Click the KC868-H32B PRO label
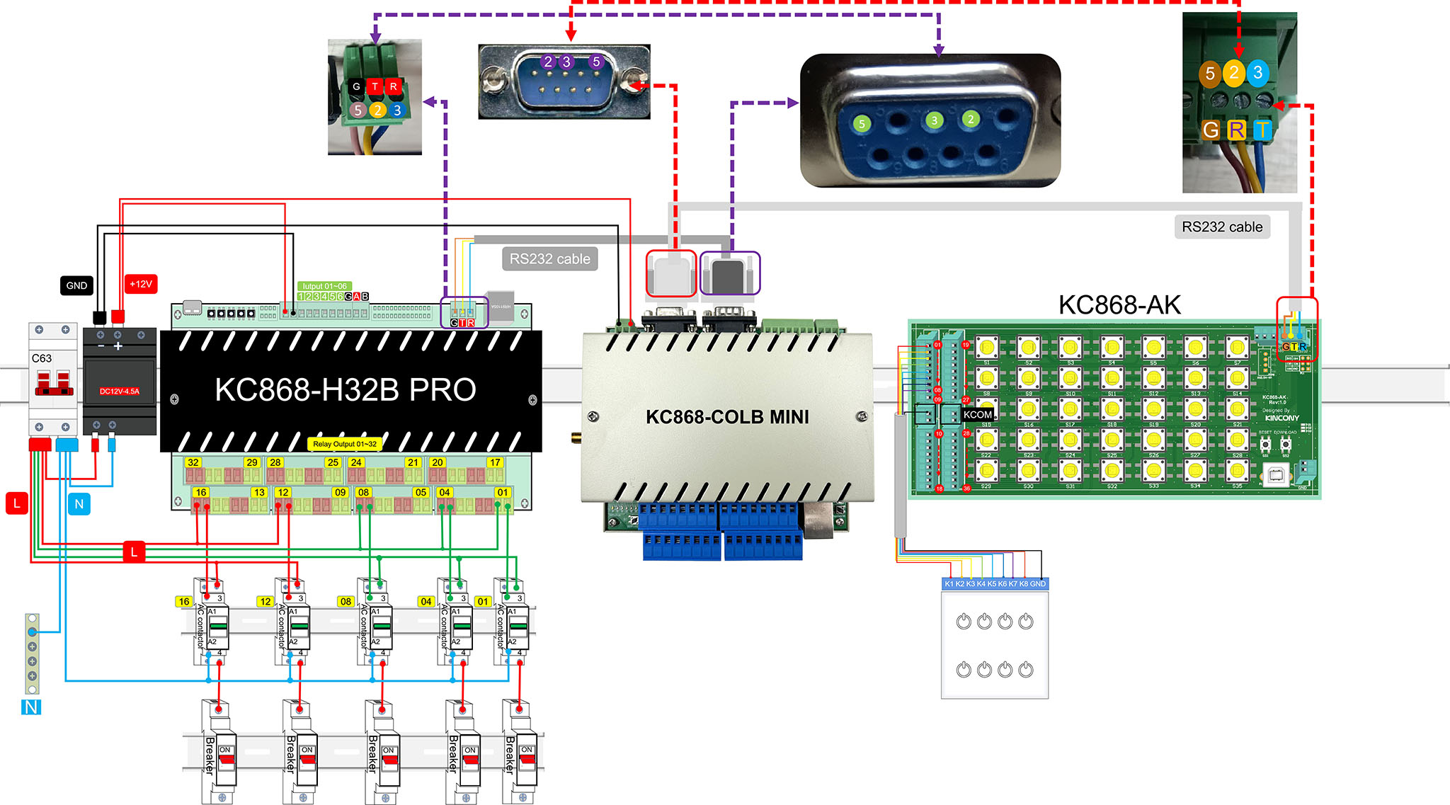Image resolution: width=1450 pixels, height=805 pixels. tap(346, 390)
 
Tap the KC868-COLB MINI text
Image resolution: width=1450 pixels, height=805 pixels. tap(727, 417)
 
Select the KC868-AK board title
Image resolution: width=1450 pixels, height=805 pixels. tap(1119, 305)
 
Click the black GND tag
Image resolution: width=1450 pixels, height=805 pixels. tap(76, 285)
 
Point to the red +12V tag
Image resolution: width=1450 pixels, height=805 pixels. tap(141, 284)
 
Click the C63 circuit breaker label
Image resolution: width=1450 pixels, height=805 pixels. tap(42, 358)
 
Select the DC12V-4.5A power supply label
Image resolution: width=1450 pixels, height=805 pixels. tap(120, 391)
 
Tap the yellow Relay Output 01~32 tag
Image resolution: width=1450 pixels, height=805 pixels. tap(345, 444)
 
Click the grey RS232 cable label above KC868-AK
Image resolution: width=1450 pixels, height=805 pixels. tap(1222, 227)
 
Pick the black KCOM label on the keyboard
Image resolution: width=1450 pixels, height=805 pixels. tap(977, 414)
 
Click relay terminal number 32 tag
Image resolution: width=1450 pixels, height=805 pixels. tap(193, 462)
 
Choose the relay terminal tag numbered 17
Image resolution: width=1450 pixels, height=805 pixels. tap(495, 462)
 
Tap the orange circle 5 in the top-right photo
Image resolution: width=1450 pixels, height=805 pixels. tap(1210, 73)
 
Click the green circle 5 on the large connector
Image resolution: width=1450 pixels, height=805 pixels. tap(862, 124)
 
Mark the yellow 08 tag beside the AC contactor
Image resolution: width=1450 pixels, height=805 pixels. tap(346, 601)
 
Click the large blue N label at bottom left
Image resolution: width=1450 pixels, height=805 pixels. tap(31, 707)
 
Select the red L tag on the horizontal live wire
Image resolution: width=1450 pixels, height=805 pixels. tap(134, 552)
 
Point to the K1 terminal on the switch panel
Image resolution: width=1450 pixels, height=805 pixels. tap(949, 583)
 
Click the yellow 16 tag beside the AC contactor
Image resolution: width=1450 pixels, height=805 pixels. tap(184, 601)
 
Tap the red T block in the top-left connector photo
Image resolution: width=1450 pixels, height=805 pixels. tap(375, 86)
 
